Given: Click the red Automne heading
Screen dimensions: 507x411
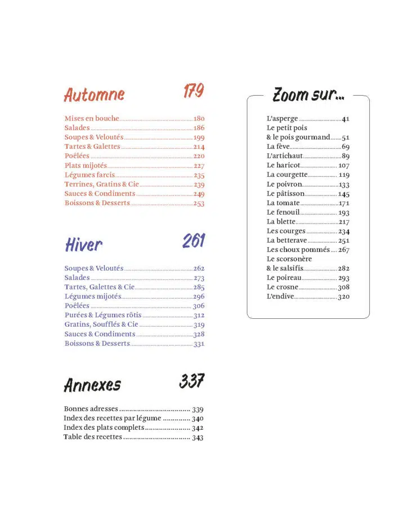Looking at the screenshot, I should [94, 94].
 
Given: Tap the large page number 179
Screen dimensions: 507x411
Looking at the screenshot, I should [193, 91].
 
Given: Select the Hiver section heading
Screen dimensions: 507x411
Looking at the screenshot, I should [83, 244].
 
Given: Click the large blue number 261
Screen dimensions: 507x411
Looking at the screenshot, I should [193, 241].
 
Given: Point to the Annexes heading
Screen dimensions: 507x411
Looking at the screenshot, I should [92, 385].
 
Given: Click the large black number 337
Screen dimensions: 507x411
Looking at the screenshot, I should [192, 381].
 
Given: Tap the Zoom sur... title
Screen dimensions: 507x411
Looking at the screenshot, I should [308, 95].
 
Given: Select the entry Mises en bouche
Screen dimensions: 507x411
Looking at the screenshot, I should [92, 118].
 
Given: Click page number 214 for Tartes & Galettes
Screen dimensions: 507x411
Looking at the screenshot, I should [198, 146].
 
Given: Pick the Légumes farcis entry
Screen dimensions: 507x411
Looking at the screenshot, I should [90, 175].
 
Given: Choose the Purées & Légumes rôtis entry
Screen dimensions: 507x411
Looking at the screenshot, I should [103, 315].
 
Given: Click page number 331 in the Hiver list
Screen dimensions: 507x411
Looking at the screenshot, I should [198, 344].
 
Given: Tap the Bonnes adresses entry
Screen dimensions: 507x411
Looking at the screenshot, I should [91, 409].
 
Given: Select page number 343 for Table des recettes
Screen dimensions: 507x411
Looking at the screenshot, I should [198, 437].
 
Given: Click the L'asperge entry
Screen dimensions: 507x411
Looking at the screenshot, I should [282, 119].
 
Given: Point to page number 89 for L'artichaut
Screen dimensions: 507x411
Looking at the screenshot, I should [345, 156].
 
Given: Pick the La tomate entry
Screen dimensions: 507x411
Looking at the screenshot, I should [283, 203].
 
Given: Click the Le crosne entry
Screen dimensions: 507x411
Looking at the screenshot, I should [283, 287].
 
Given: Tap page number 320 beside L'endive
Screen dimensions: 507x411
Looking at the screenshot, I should [343, 296].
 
